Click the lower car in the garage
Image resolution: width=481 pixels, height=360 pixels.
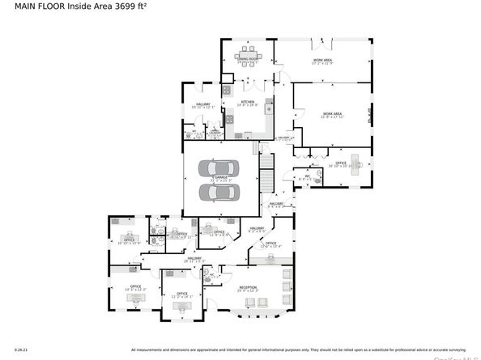(x=219, y=192)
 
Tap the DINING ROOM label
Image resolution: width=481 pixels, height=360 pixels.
(x=247, y=58)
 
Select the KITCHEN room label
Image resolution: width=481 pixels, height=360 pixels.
(x=248, y=103)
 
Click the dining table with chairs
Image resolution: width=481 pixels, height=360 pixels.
(x=248, y=68)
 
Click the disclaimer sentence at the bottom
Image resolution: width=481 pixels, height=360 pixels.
(x=300, y=349)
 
